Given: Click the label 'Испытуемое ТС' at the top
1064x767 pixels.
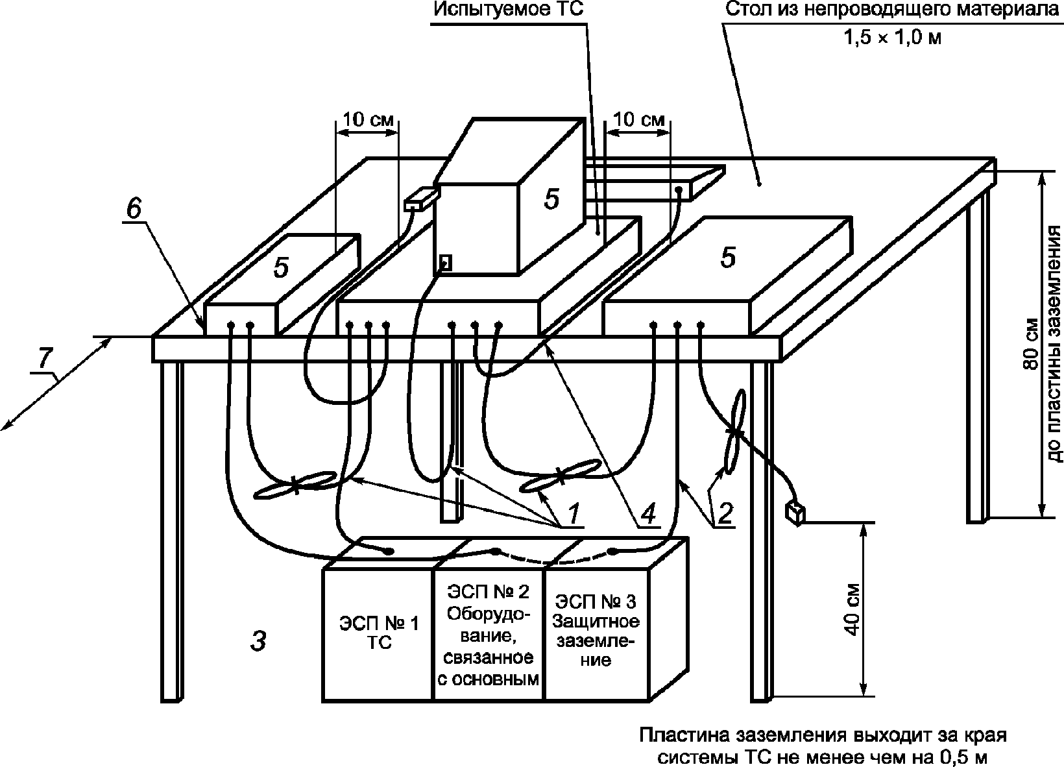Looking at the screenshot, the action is point(508,9).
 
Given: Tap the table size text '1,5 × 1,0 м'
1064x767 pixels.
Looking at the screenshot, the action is point(893,38).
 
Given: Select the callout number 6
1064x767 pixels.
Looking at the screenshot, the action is point(134,208).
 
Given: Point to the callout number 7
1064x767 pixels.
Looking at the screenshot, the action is point(45,358).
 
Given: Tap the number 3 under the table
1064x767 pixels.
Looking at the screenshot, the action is point(258,641).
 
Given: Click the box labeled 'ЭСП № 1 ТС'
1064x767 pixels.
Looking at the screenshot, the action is point(378,635).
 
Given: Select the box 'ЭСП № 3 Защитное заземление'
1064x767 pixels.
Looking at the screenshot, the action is point(596,635).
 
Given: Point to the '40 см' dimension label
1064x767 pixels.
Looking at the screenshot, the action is point(853,610).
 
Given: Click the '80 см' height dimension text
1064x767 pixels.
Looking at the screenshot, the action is point(1030,343).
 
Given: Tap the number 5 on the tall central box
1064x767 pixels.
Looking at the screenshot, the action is point(551,199).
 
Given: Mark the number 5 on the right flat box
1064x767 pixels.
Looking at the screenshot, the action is point(728,257).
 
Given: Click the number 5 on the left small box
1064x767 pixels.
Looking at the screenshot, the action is point(281,267).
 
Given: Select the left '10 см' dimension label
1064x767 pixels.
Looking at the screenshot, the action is point(368,119).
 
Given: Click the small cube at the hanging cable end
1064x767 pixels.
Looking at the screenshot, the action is point(795,514).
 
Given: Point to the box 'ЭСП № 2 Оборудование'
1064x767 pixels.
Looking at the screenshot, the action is point(489,635).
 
